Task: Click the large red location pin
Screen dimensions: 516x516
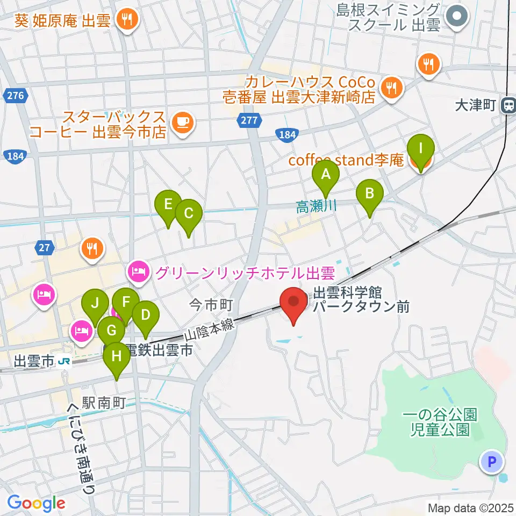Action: [294, 303]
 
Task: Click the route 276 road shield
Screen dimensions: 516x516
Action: [16, 96]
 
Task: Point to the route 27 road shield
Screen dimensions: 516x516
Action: [44, 248]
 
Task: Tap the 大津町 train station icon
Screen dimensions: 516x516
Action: [507, 105]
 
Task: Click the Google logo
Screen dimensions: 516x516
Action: [36, 503]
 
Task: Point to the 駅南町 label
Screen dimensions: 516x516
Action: [103, 402]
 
